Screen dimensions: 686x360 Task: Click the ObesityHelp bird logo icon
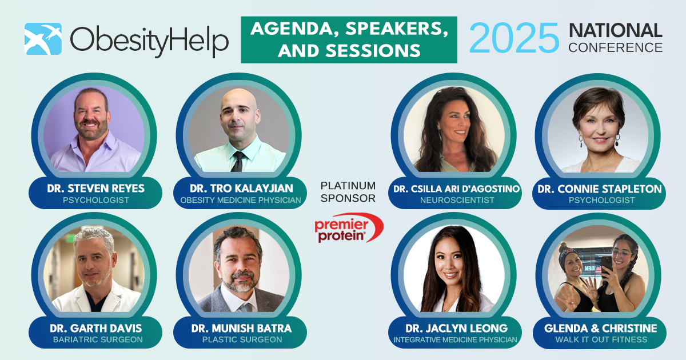(43, 39)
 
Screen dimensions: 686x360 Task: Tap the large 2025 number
(514, 38)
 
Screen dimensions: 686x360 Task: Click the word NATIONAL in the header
(616, 31)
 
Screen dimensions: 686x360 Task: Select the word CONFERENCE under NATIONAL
(616, 47)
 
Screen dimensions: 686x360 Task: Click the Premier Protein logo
(349, 228)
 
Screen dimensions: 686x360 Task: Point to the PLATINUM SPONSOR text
(348, 192)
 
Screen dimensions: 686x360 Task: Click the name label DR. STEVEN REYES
(95, 188)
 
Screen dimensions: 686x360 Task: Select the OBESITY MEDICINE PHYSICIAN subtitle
(241, 200)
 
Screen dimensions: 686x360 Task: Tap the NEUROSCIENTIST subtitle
(457, 200)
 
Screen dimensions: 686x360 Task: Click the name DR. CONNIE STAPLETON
(600, 189)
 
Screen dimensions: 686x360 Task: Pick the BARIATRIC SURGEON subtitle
(98, 339)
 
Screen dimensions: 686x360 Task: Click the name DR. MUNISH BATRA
(241, 329)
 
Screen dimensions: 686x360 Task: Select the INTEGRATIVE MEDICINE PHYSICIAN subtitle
(455, 340)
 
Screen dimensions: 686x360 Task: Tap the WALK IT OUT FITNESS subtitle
(601, 339)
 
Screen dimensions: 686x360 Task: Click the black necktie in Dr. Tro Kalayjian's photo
(238, 161)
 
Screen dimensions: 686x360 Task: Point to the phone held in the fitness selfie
(607, 267)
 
